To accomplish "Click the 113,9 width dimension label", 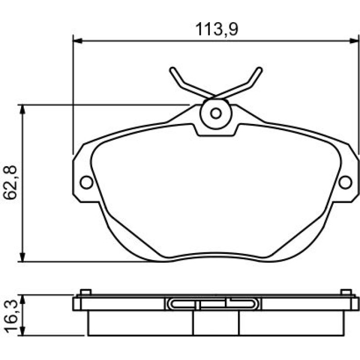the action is (x=217, y=29).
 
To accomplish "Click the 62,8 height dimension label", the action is (x=10, y=182).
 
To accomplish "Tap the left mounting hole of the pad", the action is (x=86, y=183).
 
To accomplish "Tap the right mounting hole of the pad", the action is (x=345, y=183).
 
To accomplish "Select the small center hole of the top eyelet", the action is (x=216, y=113).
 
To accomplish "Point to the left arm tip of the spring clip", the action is (x=172, y=69).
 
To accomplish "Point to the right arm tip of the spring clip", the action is (x=259, y=69).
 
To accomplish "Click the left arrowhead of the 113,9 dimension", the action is (x=77, y=41).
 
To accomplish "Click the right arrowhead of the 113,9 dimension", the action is (x=354, y=41).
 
